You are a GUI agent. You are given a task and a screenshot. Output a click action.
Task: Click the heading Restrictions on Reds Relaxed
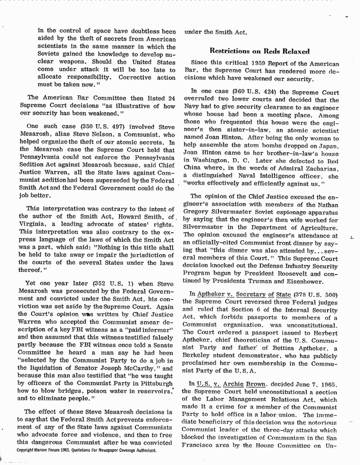point(260,51)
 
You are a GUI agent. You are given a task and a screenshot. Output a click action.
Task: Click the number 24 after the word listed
point(170,98)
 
